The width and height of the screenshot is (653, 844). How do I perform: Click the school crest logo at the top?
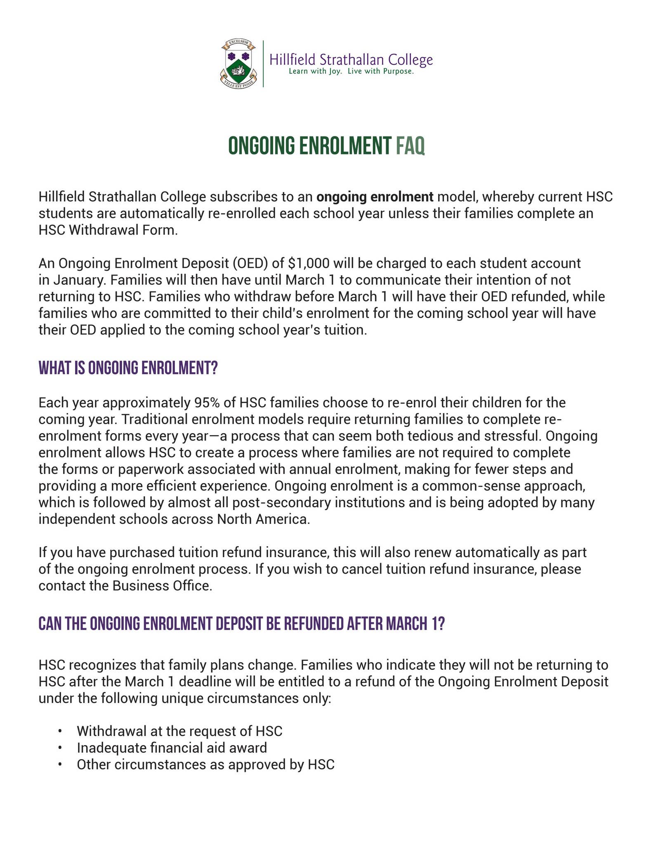click(x=238, y=63)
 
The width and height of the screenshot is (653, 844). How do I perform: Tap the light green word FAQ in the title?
click(x=410, y=146)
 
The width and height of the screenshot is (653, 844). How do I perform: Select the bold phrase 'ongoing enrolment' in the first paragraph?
click(x=375, y=197)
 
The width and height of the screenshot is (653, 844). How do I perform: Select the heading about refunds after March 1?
click(x=242, y=624)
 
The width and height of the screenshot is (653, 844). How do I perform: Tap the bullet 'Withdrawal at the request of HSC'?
click(x=179, y=731)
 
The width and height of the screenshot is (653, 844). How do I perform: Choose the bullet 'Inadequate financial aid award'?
click(x=172, y=748)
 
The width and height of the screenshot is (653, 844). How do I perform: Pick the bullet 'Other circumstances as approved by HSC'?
click(x=205, y=764)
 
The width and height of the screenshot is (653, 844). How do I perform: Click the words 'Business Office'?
click(x=162, y=586)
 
